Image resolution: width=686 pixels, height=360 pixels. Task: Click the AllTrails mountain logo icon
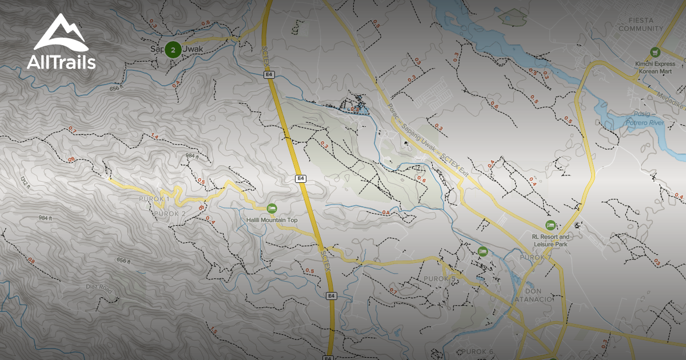click(x=61, y=33)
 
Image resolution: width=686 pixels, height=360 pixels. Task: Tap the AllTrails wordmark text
click(x=61, y=62)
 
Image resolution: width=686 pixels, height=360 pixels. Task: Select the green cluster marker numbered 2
click(x=173, y=50)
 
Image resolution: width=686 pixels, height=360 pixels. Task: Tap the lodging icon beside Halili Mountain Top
click(x=272, y=208)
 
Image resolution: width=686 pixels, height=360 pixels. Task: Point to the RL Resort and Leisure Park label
click(x=550, y=240)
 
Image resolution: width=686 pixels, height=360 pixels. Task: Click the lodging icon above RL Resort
click(x=551, y=225)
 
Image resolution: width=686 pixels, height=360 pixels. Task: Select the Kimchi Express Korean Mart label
click(x=655, y=67)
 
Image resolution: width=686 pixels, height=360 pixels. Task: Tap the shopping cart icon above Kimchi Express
click(x=655, y=52)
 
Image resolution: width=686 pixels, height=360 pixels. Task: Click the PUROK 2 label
click(x=170, y=214)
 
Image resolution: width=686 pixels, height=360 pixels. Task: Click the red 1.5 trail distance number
click(x=214, y=331)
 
